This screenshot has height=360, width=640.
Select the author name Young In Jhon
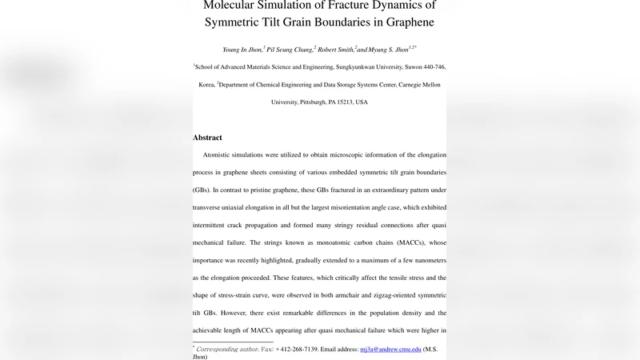[238, 49]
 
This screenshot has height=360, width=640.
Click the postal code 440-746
[430, 68]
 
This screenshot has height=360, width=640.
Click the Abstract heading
[207, 138]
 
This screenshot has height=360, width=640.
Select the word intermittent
[216, 225]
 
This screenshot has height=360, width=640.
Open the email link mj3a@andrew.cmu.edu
[390, 349]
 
